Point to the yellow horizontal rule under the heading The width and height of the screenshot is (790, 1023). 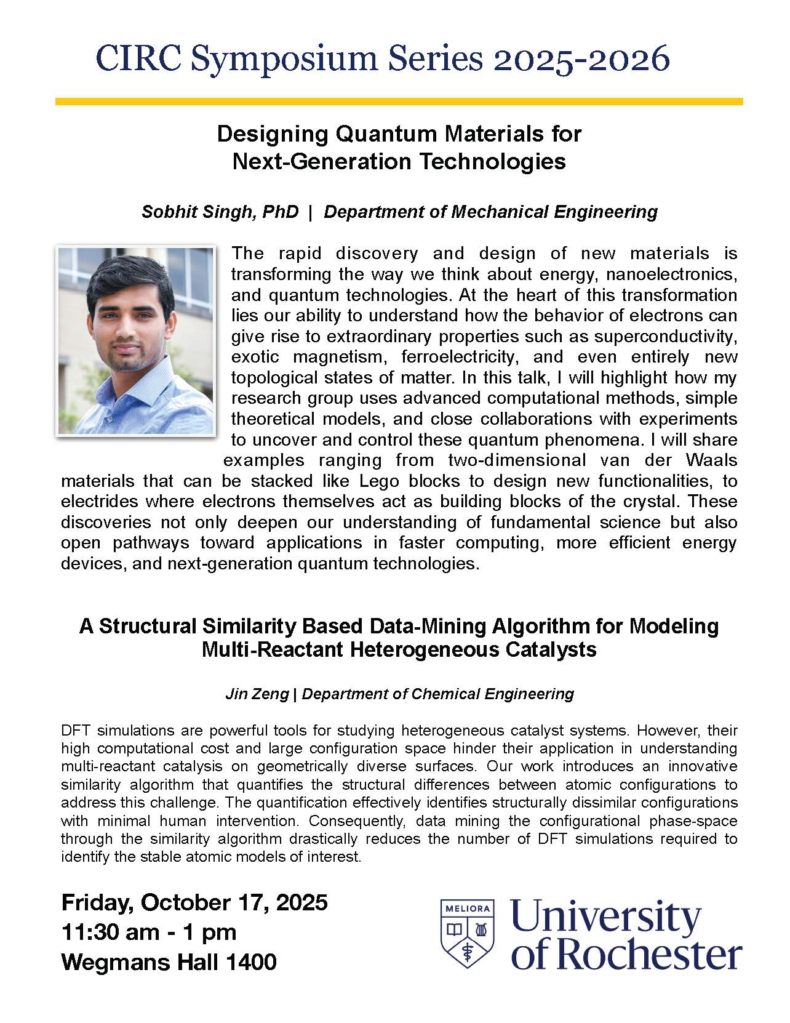(399, 102)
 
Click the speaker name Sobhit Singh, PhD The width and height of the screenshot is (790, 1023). (220, 212)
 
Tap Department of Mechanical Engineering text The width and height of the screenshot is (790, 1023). (490, 212)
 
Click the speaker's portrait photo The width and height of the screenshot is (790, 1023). (135, 341)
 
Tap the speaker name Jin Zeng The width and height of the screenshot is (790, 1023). (257, 694)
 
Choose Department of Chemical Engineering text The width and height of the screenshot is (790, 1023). (437, 694)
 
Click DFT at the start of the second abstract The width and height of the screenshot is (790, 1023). (76, 731)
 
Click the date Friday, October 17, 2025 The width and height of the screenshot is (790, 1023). (194, 902)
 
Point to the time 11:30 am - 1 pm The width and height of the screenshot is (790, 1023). (149, 932)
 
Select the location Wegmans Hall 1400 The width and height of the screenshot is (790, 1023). (169, 961)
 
